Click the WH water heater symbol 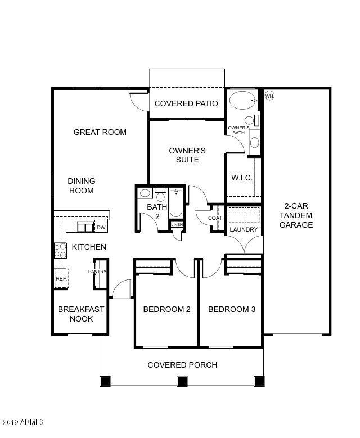click(x=269, y=96)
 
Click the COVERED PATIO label click(x=186, y=103)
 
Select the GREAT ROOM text click(x=100, y=132)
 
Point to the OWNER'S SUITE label click(x=187, y=155)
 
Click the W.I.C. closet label click(x=242, y=178)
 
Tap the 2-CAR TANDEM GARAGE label click(x=298, y=215)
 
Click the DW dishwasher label click(x=101, y=227)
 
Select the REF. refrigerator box click(x=61, y=278)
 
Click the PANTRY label click(x=97, y=272)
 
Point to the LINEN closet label click(x=177, y=225)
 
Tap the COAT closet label click(x=215, y=218)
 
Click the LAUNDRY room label click(x=244, y=229)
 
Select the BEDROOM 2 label click(x=166, y=309)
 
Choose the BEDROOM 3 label click(x=232, y=309)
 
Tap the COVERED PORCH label click(x=182, y=365)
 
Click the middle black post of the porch click(x=182, y=381)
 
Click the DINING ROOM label click(x=82, y=186)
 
